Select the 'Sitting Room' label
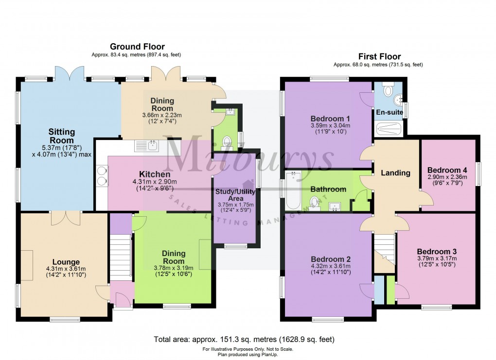point(61,136)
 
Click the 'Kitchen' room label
point(155,174)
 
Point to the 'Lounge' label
point(63,262)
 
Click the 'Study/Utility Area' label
point(235,195)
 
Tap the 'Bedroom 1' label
point(331,118)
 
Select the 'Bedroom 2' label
point(331,259)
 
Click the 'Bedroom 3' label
point(437,251)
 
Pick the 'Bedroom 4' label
point(447,170)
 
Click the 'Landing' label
point(395,172)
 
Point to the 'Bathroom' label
point(328,189)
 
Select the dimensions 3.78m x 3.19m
point(174,268)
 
